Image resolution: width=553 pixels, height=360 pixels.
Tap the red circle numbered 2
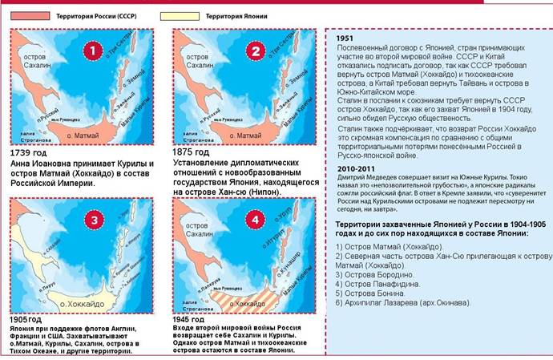click(255, 52)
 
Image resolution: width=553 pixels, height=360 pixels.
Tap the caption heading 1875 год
click(190, 151)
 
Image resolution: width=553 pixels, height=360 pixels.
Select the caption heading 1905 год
click(25, 319)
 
